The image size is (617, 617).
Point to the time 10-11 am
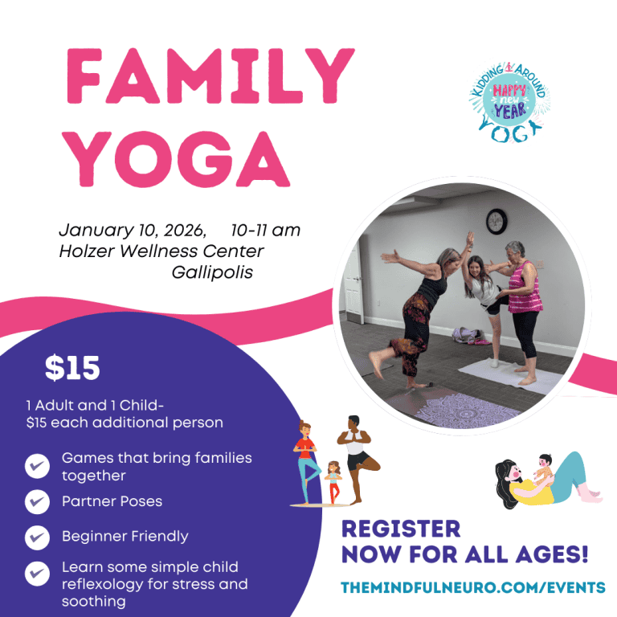(x=265, y=231)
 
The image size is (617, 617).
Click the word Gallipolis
(x=212, y=272)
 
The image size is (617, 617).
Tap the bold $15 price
(x=72, y=368)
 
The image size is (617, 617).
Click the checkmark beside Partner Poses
(x=37, y=502)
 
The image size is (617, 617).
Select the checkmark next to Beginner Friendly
(x=37, y=537)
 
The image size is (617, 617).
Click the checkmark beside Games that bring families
(x=37, y=466)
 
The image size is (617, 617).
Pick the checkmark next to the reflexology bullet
(x=37, y=574)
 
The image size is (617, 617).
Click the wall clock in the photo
(x=497, y=220)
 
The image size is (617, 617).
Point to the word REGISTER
(x=401, y=529)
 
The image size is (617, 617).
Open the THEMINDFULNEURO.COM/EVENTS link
(x=473, y=587)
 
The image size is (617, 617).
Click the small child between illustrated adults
(x=333, y=481)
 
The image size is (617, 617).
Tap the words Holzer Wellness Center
(x=161, y=251)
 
